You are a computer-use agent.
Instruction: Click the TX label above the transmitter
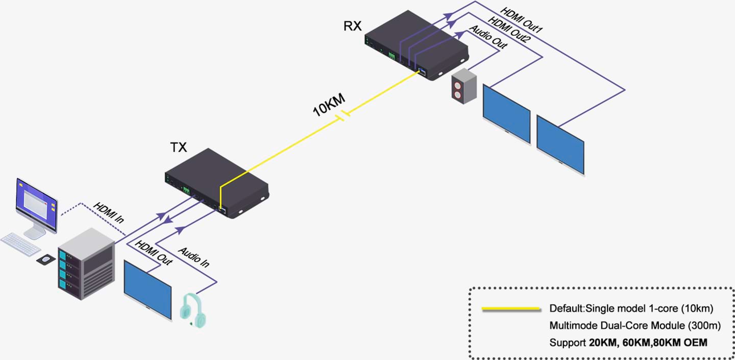point(178,148)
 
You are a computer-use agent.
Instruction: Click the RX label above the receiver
point(352,26)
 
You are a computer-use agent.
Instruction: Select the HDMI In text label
point(108,213)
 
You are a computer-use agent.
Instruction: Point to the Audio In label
point(193,257)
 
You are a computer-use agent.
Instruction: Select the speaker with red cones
point(463,87)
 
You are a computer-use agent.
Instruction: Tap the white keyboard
point(20,244)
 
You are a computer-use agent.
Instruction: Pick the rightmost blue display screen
point(560,145)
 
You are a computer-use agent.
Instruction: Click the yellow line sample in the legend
point(511,309)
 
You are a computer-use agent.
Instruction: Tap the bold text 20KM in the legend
point(600,343)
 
